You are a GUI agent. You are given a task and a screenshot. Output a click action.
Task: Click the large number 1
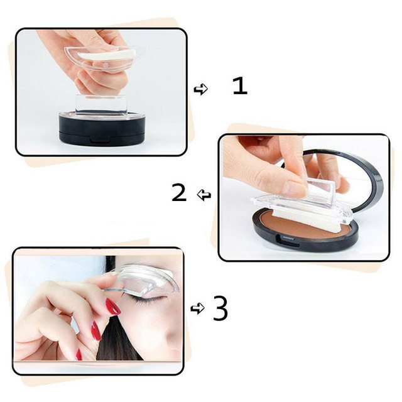(240, 86)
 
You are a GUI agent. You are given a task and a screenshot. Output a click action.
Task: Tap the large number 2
(179, 192)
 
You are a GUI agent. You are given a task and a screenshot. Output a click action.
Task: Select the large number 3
(220, 308)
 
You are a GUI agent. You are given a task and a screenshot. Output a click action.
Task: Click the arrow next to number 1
(201, 89)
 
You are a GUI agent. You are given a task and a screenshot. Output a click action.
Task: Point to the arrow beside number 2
(204, 195)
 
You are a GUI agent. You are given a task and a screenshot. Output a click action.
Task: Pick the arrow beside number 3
(197, 308)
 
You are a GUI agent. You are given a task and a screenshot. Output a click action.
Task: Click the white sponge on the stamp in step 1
(106, 55)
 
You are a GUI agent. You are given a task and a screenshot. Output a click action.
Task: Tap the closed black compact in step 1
(102, 129)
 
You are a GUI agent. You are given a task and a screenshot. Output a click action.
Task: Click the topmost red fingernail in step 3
(113, 307)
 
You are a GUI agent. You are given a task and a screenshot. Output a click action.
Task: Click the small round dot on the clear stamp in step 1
(105, 65)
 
